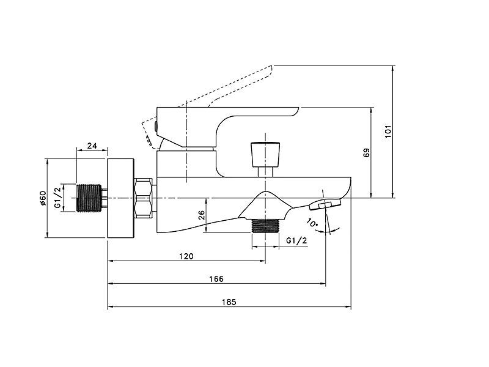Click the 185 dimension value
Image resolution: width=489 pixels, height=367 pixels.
[229, 302]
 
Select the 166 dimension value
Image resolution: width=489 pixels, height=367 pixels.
[216, 279]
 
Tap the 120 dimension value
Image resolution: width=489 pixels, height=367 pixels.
[186, 256]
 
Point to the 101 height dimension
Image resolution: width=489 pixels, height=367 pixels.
[388, 132]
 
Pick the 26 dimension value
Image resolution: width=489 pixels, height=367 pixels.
[202, 215]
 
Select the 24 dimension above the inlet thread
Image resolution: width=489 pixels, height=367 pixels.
[92, 146]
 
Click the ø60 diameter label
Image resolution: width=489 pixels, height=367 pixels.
[43, 198]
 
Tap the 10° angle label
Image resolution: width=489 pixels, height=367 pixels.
[312, 223]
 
